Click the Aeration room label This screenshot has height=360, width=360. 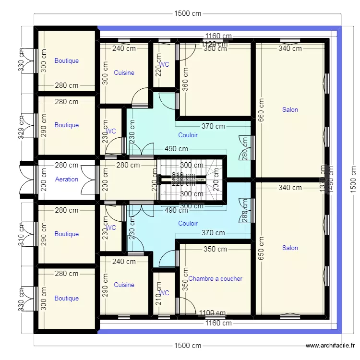pos(67,179)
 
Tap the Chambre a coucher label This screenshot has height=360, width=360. pos(216,278)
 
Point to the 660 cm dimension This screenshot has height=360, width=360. pos(261,112)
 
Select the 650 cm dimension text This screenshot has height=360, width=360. pos(261,249)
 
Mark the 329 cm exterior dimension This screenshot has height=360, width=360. pos(21,127)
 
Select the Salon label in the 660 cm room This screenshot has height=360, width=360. pos(290,109)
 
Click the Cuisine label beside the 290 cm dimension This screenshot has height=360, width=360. pos(124,285)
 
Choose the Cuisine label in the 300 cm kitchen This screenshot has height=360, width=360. pos(124,73)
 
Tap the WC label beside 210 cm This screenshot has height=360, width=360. pos(164,293)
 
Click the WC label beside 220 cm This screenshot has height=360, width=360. pos(164,64)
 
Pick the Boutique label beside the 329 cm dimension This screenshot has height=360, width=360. pos(67,125)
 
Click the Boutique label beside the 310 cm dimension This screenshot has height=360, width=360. pos(67,234)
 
